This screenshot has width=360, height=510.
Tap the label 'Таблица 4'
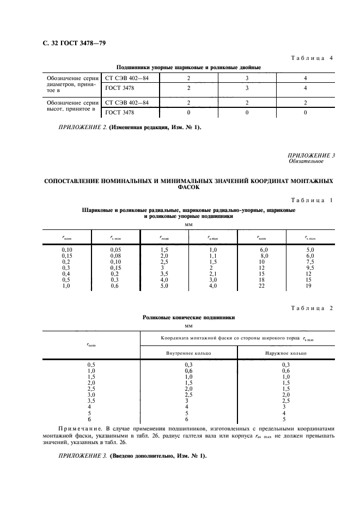(x=312, y=58)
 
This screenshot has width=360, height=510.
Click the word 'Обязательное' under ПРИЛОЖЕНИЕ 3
(x=306, y=161)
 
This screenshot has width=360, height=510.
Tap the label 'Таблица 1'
(x=312, y=201)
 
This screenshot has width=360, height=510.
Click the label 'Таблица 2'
(x=312, y=308)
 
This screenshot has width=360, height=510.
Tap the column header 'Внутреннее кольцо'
(x=188, y=353)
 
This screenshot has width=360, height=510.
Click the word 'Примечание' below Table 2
(x=76, y=423)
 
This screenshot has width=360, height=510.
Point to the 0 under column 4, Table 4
(x=305, y=112)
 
